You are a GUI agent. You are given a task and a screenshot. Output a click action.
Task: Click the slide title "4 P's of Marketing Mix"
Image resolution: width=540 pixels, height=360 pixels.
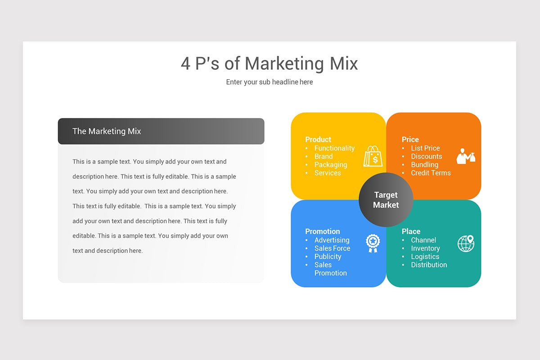tap(269, 63)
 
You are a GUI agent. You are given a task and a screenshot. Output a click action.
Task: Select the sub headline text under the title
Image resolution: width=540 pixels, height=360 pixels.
tap(269, 82)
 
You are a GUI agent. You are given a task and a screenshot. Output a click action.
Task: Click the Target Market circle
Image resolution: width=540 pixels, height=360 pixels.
tap(386, 200)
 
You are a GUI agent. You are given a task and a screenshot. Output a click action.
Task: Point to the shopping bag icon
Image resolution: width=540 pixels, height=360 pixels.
tap(373, 156)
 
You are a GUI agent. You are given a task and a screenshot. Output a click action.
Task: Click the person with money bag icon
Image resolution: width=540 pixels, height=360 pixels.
tap(466, 156)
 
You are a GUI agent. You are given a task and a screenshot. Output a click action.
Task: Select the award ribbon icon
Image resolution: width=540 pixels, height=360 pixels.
tap(373, 243)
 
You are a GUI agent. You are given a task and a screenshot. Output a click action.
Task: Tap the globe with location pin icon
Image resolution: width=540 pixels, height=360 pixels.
tap(466, 243)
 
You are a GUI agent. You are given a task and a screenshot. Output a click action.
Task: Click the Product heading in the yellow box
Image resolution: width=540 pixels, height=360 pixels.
tap(318, 139)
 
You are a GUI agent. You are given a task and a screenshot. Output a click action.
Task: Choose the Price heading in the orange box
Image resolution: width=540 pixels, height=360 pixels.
tap(410, 139)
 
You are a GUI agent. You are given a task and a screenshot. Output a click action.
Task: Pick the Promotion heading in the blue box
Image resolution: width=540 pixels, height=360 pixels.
tap(322, 231)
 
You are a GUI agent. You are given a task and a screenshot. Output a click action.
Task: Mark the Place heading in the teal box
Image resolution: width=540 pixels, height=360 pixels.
tap(411, 231)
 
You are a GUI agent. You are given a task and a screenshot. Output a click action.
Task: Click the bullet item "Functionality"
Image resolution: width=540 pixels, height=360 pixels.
tap(334, 148)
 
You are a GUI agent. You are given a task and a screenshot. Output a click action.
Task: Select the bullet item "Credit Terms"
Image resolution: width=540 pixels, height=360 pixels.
tap(431, 173)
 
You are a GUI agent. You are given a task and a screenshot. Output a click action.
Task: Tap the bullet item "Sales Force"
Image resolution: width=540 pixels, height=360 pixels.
tap(332, 248)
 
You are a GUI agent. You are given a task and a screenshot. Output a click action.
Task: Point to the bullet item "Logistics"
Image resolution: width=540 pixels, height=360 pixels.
tap(425, 256)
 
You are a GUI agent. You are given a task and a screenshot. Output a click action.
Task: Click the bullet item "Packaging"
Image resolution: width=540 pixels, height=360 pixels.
tap(331, 165)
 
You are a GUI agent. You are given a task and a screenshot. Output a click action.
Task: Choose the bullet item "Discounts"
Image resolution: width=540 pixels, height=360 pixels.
tap(426, 157)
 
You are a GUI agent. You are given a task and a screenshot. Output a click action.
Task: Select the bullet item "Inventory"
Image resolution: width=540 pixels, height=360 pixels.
tap(425, 248)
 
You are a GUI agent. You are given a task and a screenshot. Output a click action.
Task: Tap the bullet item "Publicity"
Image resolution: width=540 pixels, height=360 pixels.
tap(328, 256)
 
